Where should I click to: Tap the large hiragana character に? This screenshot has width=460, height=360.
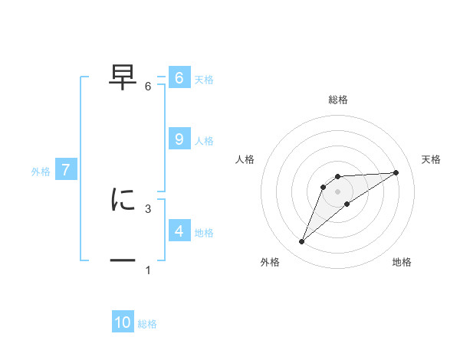(123, 199)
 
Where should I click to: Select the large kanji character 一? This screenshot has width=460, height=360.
(123, 260)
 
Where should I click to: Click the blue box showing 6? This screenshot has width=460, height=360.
(179, 78)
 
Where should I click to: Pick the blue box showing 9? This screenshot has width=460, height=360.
(179, 139)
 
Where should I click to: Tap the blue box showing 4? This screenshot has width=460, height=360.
(179, 231)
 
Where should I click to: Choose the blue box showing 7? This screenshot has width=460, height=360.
(66, 170)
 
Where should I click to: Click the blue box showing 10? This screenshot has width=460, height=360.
(123, 322)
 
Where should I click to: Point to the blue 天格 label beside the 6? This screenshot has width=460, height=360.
(204, 80)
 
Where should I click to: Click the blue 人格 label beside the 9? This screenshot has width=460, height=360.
(204, 141)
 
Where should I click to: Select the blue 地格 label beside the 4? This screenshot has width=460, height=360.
(204, 233)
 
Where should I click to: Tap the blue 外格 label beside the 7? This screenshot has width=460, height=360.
(41, 172)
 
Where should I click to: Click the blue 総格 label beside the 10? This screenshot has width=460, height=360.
(147, 325)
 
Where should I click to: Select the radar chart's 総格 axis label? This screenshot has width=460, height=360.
(337, 100)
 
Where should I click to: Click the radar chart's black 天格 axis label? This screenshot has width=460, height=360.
(432, 159)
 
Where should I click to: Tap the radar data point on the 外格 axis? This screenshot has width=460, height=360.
(302, 242)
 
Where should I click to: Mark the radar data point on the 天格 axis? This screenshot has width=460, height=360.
(396, 172)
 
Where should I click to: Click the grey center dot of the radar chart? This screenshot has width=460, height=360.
(337, 191)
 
